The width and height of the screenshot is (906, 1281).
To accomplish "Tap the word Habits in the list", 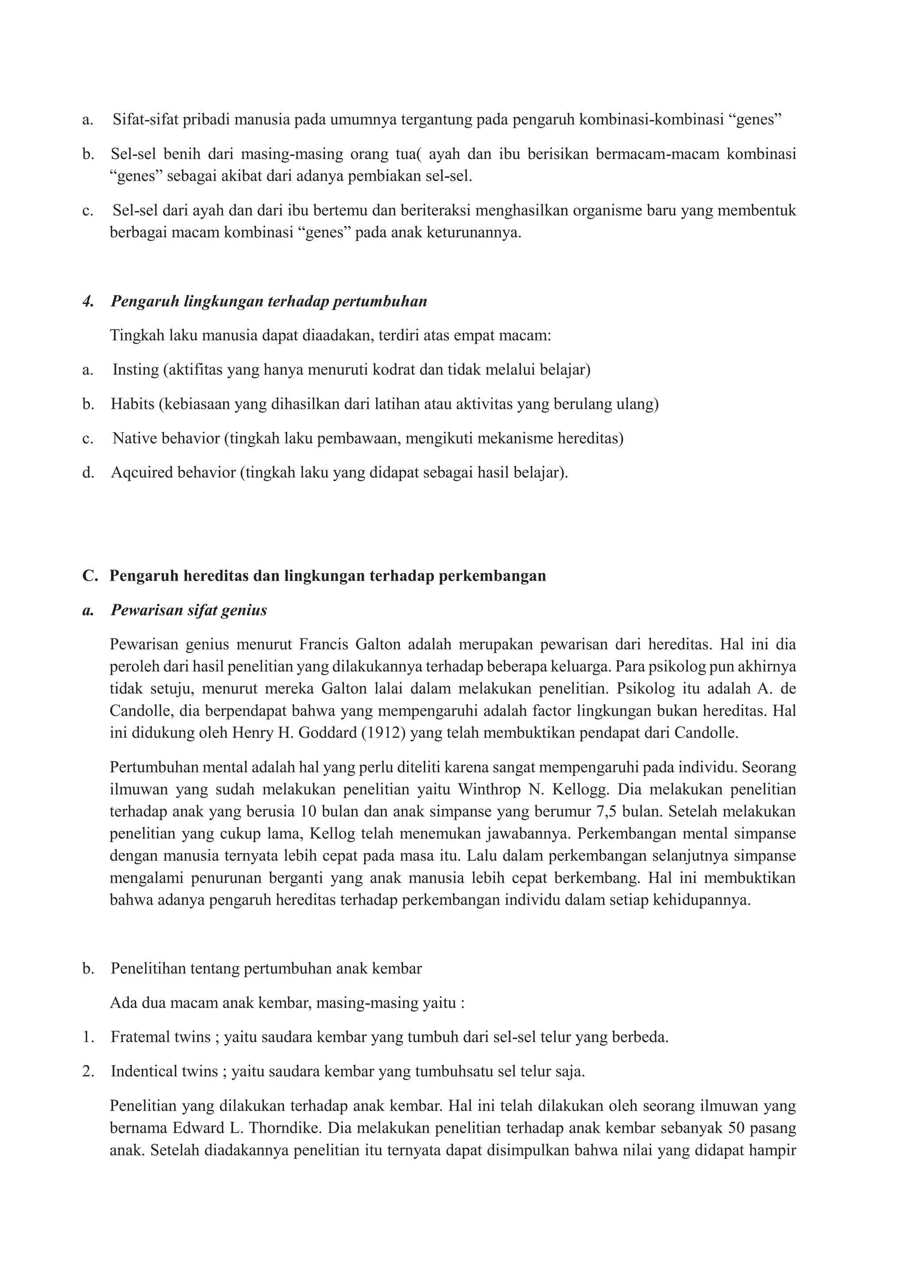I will [132, 403].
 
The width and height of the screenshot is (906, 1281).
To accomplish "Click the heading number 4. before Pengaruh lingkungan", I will [88, 301].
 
